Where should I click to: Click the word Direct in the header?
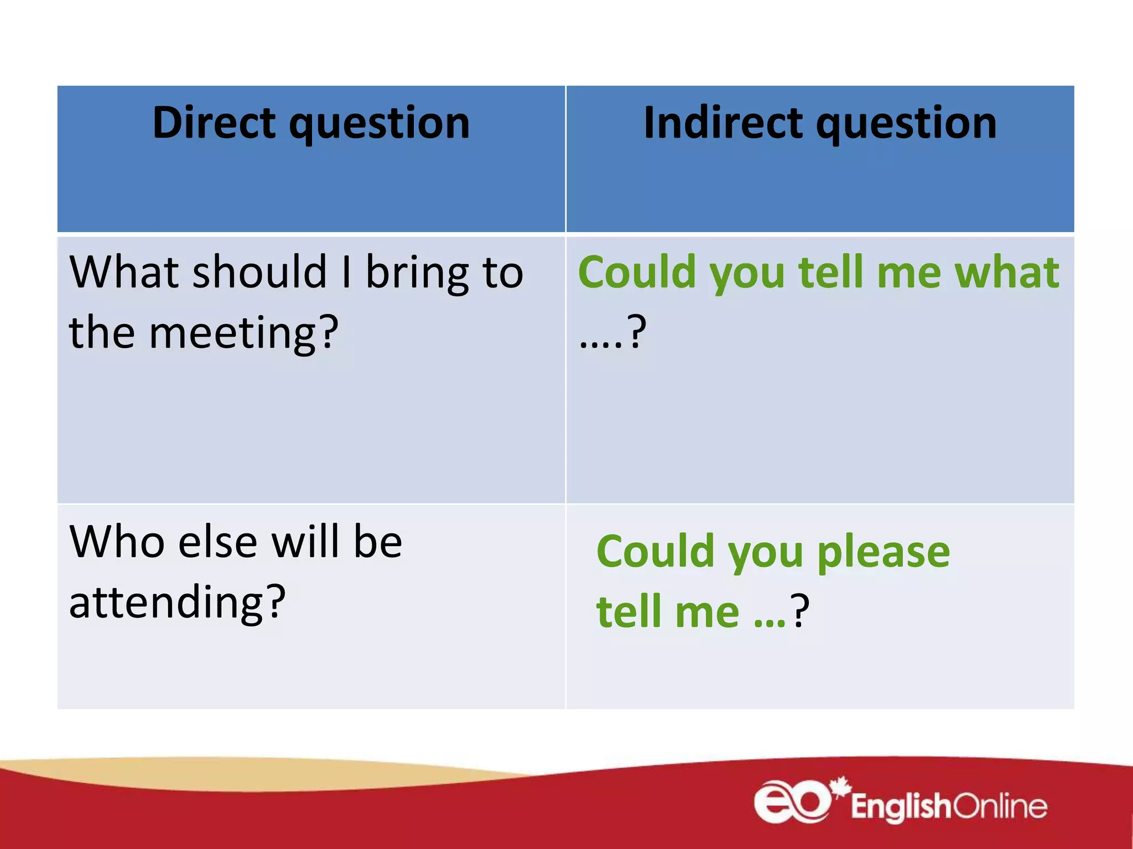(x=214, y=123)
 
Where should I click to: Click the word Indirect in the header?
(x=723, y=123)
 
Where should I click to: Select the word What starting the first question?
(x=124, y=272)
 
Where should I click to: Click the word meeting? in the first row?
(x=243, y=333)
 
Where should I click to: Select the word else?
(x=218, y=542)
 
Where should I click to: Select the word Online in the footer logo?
(x=1000, y=806)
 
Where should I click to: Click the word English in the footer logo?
(x=901, y=806)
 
